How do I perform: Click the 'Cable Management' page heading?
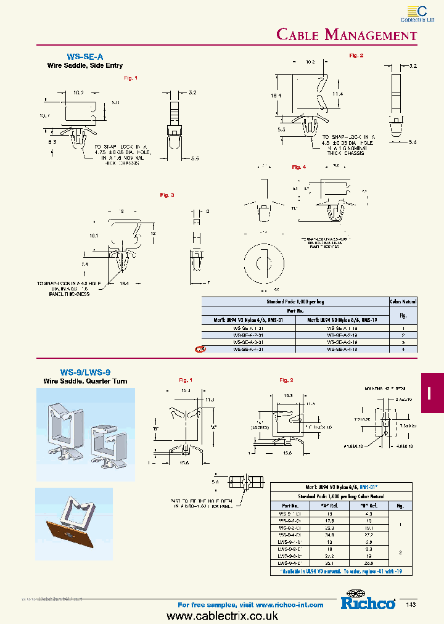click(347, 35)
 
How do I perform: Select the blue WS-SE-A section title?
click(84, 55)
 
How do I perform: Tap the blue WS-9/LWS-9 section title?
click(85, 372)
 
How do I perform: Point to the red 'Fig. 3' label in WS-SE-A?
click(167, 195)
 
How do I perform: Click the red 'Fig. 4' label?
click(298, 167)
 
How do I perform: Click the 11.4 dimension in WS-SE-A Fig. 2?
click(337, 93)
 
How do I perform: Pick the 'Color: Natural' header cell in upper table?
click(403, 302)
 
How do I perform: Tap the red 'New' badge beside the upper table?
click(200, 349)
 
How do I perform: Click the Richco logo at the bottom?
click(368, 603)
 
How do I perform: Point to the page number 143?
click(411, 604)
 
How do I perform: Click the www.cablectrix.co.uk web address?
click(222, 616)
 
